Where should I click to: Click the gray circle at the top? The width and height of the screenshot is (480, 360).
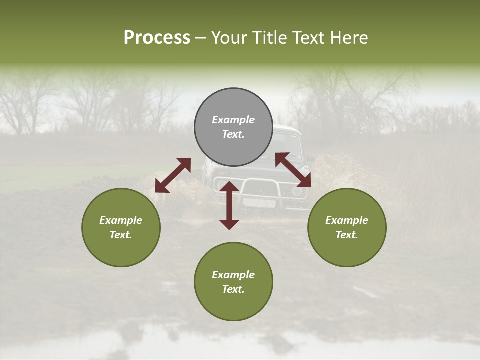point(233,127)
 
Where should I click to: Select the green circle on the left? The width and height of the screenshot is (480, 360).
point(121,227)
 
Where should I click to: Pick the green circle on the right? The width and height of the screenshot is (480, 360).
point(347,227)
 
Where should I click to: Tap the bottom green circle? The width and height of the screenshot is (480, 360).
point(233,282)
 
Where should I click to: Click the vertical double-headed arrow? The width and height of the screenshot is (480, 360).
point(229,205)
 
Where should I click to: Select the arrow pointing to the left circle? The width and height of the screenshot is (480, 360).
point(173,175)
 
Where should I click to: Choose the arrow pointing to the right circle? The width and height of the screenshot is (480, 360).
point(293,169)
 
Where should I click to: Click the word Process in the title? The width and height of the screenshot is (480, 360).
point(157,38)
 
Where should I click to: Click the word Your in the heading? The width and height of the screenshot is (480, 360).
point(228,38)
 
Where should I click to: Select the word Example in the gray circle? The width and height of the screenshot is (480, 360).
point(233,120)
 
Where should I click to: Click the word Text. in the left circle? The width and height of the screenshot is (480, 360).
point(121,235)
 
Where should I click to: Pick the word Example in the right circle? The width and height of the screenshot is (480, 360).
point(347,220)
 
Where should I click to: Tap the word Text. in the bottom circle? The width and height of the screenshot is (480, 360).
point(233,289)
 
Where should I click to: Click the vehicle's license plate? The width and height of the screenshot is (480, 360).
point(259,203)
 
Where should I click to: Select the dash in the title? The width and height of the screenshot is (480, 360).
point(201,38)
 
